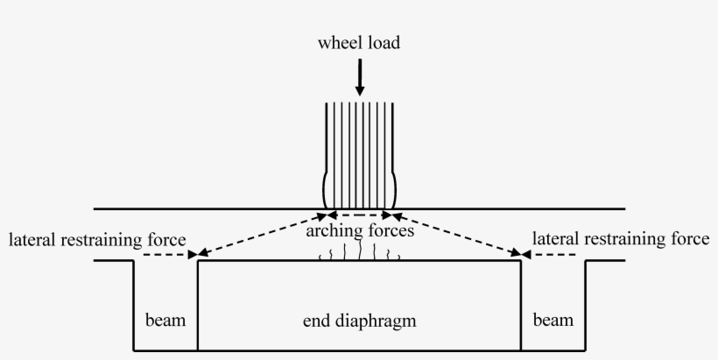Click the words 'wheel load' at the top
pos(359,42)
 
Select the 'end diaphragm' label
pos(359,321)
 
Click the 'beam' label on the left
pos(165,320)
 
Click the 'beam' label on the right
pos(553,320)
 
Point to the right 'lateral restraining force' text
pos(622,239)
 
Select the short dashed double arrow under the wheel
pos(359,215)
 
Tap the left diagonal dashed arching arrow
pos(263,235)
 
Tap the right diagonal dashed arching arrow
pos(456,235)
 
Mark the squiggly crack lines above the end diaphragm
pos(360,254)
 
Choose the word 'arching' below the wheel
pos(332,232)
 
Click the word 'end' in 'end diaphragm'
pos(315,321)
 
